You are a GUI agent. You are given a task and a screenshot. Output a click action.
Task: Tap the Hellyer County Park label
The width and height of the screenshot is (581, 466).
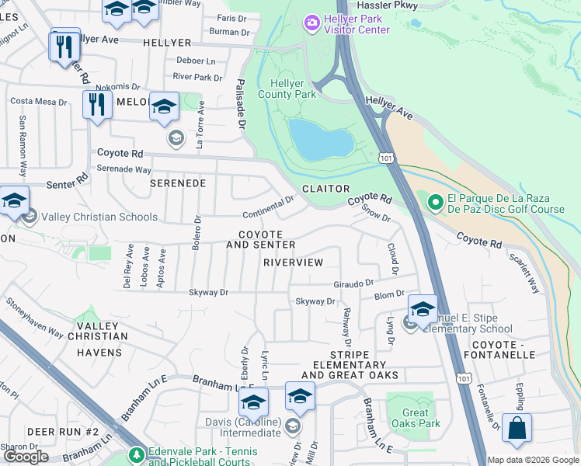click(x=293, y=89)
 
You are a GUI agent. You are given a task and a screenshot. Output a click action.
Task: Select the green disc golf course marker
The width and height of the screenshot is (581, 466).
click(x=435, y=203)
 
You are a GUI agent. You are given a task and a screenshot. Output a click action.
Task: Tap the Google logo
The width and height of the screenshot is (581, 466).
click(x=26, y=457)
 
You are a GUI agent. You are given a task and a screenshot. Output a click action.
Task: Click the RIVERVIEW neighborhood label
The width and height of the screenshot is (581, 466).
click(x=293, y=263)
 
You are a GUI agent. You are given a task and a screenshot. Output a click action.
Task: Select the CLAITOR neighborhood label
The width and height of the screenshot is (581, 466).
click(x=326, y=189)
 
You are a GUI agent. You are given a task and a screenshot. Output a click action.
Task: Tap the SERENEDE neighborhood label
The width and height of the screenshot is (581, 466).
click(x=177, y=183)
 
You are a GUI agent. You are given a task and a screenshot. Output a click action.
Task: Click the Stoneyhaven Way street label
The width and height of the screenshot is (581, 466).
click(x=34, y=316)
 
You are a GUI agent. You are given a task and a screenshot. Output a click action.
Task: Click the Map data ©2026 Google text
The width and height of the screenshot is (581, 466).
click(x=532, y=460)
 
